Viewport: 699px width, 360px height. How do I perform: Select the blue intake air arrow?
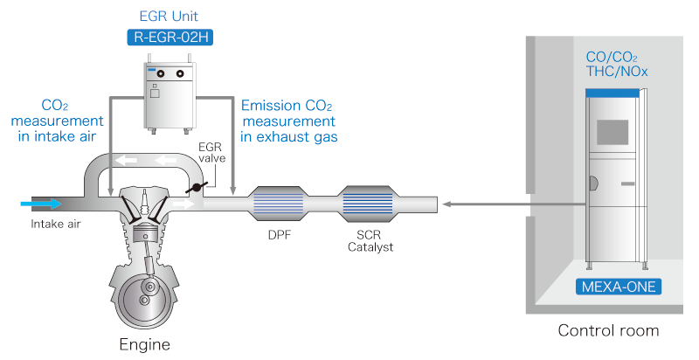pyautogui.click(x=42, y=204)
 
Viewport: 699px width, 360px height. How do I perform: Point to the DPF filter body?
pyautogui.click(x=278, y=204)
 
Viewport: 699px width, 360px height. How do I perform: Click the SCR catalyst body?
pyautogui.click(x=369, y=204)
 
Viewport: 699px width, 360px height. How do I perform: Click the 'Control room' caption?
pyautogui.click(x=609, y=331)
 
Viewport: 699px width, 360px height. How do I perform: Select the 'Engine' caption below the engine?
pyautogui.click(x=144, y=343)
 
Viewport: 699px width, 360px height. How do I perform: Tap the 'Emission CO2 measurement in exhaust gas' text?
pyautogui.click(x=288, y=121)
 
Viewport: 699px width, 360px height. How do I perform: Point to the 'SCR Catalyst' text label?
pyautogui.click(x=369, y=241)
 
